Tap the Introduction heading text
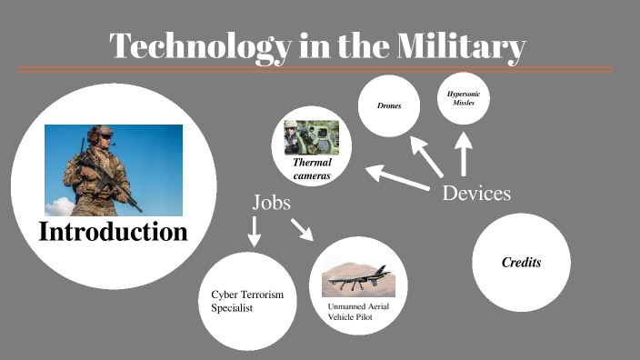point(113,231)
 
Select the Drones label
point(389,106)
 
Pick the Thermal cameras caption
point(311,167)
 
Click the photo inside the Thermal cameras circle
point(311,137)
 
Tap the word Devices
point(476,193)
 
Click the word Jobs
point(271,202)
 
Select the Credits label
point(522,262)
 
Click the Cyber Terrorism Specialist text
point(243,301)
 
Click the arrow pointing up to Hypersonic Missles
point(464,155)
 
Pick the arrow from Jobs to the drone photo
point(301,228)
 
